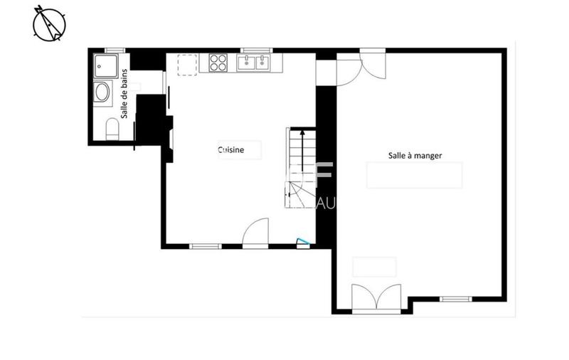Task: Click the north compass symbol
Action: [x=49, y=22]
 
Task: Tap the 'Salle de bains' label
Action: [x=125, y=93]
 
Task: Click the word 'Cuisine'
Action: [x=231, y=150]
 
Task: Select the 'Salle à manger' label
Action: [x=416, y=155]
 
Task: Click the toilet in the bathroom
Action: [x=112, y=129]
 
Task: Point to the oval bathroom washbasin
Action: [x=102, y=93]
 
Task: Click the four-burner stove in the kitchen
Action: [x=218, y=63]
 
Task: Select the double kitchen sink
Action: [x=254, y=63]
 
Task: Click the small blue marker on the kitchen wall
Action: [x=304, y=243]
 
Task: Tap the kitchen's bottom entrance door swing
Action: [x=255, y=233]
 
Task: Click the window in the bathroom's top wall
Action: [x=115, y=51]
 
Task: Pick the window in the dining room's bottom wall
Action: [x=456, y=299]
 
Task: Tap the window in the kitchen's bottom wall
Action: [x=206, y=246]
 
